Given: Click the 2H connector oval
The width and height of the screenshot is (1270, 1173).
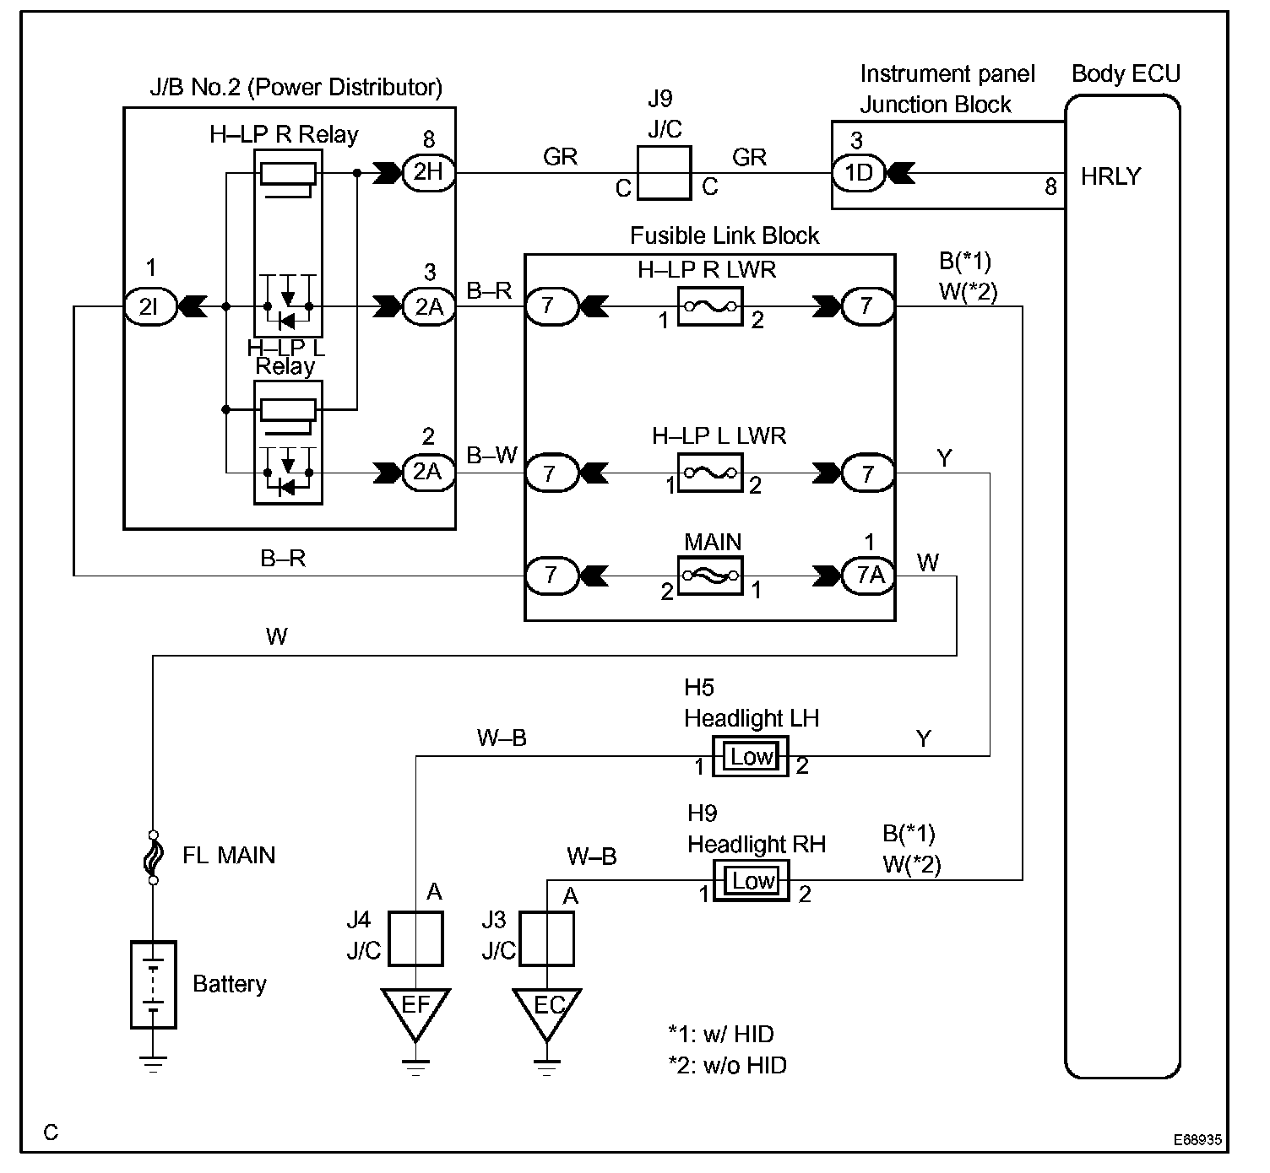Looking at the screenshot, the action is tap(428, 172).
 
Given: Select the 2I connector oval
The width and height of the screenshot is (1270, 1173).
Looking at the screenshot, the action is tap(149, 307).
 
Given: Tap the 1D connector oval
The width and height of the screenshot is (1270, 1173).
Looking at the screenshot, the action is tap(859, 173).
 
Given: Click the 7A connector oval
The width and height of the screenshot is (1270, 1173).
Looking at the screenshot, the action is tap(868, 576).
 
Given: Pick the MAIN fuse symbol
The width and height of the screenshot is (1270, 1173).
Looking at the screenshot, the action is tap(710, 576).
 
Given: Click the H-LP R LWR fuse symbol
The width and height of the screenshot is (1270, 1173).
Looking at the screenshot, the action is tap(710, 307).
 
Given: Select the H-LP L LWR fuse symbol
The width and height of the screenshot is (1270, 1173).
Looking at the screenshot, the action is tap(710, 473).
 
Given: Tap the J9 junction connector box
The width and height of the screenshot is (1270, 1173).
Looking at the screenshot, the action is tap(665, 173).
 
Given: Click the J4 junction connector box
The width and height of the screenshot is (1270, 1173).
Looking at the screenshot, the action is tap(415, 938).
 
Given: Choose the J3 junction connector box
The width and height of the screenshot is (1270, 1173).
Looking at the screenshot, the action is tap(546, 938).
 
